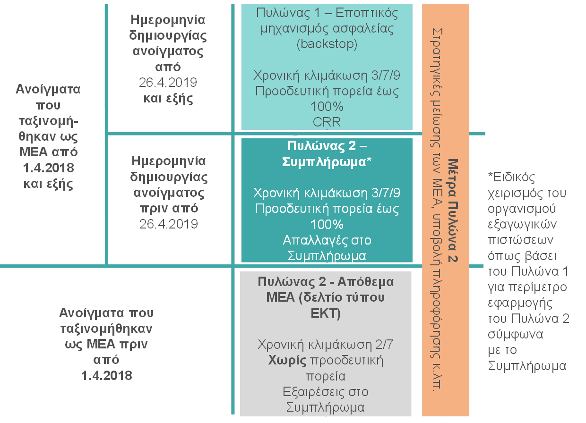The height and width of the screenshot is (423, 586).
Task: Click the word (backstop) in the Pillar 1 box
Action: click(x=327, y=44)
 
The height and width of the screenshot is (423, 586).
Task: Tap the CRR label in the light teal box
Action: click(x=327, y=122)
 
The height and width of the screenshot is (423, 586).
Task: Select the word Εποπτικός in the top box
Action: click(x=367, y=13)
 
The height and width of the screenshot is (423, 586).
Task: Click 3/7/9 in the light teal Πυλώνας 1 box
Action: click(x=386, y=75)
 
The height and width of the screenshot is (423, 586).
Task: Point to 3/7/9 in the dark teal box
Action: click(x=386, y=193)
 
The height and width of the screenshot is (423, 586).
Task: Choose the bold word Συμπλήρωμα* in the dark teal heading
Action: click(x=327, y=162)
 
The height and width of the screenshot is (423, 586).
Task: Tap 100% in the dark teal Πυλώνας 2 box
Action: click(x=327, y=224)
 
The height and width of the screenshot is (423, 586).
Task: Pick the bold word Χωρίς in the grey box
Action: click(x=287, y=361)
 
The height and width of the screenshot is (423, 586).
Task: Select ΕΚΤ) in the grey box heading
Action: click(x=326, y=313)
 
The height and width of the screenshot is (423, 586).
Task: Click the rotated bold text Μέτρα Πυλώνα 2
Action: click(x=453, y=211)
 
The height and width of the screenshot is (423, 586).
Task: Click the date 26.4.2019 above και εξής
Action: click(x=168, y=83)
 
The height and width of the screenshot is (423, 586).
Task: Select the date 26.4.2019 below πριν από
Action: click(x=168, y=224)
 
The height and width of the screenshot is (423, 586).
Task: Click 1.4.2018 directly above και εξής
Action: click(x=48, y=168)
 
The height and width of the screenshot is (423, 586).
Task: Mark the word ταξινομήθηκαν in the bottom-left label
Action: click(x=106, y=329)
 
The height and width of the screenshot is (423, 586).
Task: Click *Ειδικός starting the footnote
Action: click(x=512, y=177)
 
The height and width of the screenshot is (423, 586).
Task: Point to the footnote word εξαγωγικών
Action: click(x=522, y=225)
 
